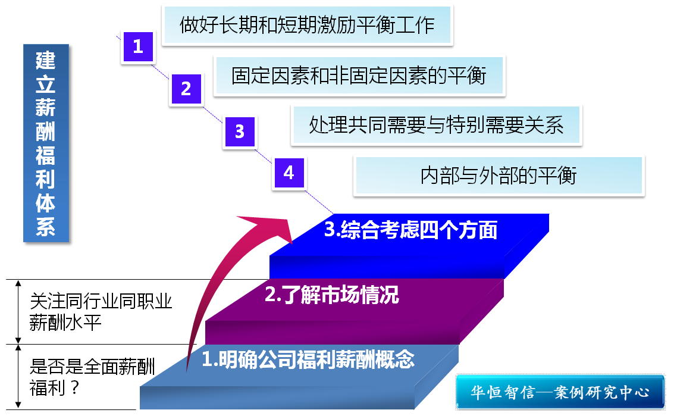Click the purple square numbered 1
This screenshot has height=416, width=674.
tap(138, 46)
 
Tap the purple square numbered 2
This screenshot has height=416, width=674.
tap(186, 89)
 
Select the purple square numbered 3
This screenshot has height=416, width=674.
tap(240, 132)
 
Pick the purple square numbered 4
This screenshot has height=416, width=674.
tap(289, 173)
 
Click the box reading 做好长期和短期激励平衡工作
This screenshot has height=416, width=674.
tap(308, 25)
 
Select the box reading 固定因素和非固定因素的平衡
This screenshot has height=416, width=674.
tap(359, 76)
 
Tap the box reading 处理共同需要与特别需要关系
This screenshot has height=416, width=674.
tap(436, 125)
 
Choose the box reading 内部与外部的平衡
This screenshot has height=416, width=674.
tap(499, 176)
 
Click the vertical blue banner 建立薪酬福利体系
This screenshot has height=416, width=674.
tap(46, 143)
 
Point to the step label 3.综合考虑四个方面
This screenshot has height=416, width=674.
tap(410, 230)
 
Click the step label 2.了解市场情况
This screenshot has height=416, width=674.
tap(332, 295)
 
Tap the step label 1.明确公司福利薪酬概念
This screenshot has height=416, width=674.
tap(308, 359)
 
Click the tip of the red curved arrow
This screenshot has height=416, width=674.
tap(292, 243)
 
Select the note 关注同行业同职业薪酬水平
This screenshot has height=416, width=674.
tap(101, 312)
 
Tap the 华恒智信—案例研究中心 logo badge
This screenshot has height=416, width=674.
tap(560, 392)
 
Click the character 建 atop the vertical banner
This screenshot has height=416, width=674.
tap(46, 60)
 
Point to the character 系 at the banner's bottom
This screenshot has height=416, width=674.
tap(46, 227)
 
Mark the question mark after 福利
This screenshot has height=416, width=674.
tap(74, 388)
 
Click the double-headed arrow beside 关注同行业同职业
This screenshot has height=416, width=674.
tap(18, 312)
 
